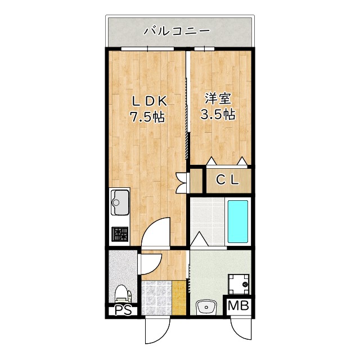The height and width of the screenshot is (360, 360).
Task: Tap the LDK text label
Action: coord(148,101)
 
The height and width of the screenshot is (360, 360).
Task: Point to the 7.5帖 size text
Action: coord(147,118)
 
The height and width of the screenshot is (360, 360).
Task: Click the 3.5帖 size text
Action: coord(218,114)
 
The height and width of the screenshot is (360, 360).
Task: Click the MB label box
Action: coord(238,307)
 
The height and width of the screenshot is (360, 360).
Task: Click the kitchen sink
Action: coord(120,201)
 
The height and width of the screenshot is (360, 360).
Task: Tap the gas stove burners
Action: coord(119,233)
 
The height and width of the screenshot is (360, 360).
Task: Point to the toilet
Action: coord(123,293)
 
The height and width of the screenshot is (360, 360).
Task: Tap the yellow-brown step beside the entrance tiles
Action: coord(179,297)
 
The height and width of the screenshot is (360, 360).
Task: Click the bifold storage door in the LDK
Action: coord(182,181)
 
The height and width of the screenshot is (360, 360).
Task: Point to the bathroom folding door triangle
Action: coord(198,238)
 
